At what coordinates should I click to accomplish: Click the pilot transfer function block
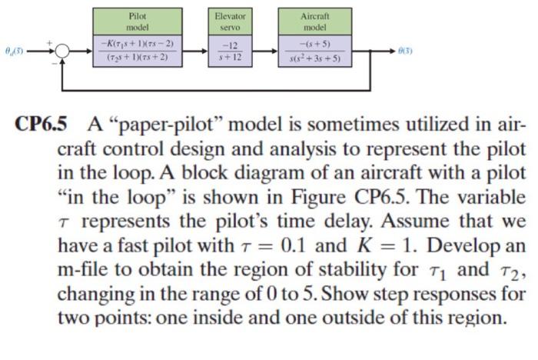139,48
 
